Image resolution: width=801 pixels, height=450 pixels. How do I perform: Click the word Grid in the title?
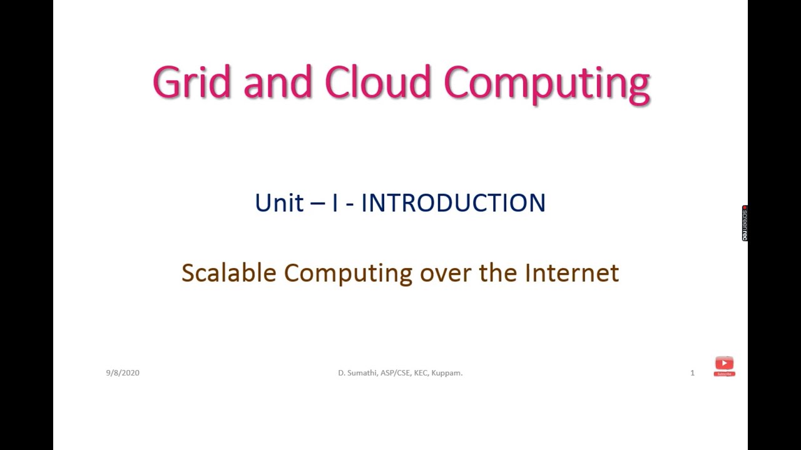[x=191, y=82]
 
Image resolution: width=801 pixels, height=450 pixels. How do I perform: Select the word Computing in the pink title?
[x=546, y=84]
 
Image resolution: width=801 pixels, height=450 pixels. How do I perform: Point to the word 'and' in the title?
[x=277, y=82]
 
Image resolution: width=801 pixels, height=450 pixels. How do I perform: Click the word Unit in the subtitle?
[x=279, y=203]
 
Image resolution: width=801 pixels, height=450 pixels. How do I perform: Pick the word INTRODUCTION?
[x=453, y=203]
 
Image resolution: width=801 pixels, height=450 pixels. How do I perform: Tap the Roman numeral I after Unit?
[x=335, y=203]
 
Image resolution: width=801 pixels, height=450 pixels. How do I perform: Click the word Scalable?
[x=228, y=273]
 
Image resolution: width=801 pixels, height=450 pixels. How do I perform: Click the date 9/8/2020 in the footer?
[x=123, y=373]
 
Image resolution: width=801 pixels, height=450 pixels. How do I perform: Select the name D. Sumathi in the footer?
[x=358, y=373]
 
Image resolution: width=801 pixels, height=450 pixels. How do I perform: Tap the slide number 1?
[x=692, y=373]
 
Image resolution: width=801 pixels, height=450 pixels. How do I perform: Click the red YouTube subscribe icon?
[x=724, y=366]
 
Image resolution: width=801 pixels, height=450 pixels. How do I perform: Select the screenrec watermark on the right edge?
[x=745, y=223]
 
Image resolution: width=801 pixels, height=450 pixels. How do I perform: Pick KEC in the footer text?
[x=421, y=373]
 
